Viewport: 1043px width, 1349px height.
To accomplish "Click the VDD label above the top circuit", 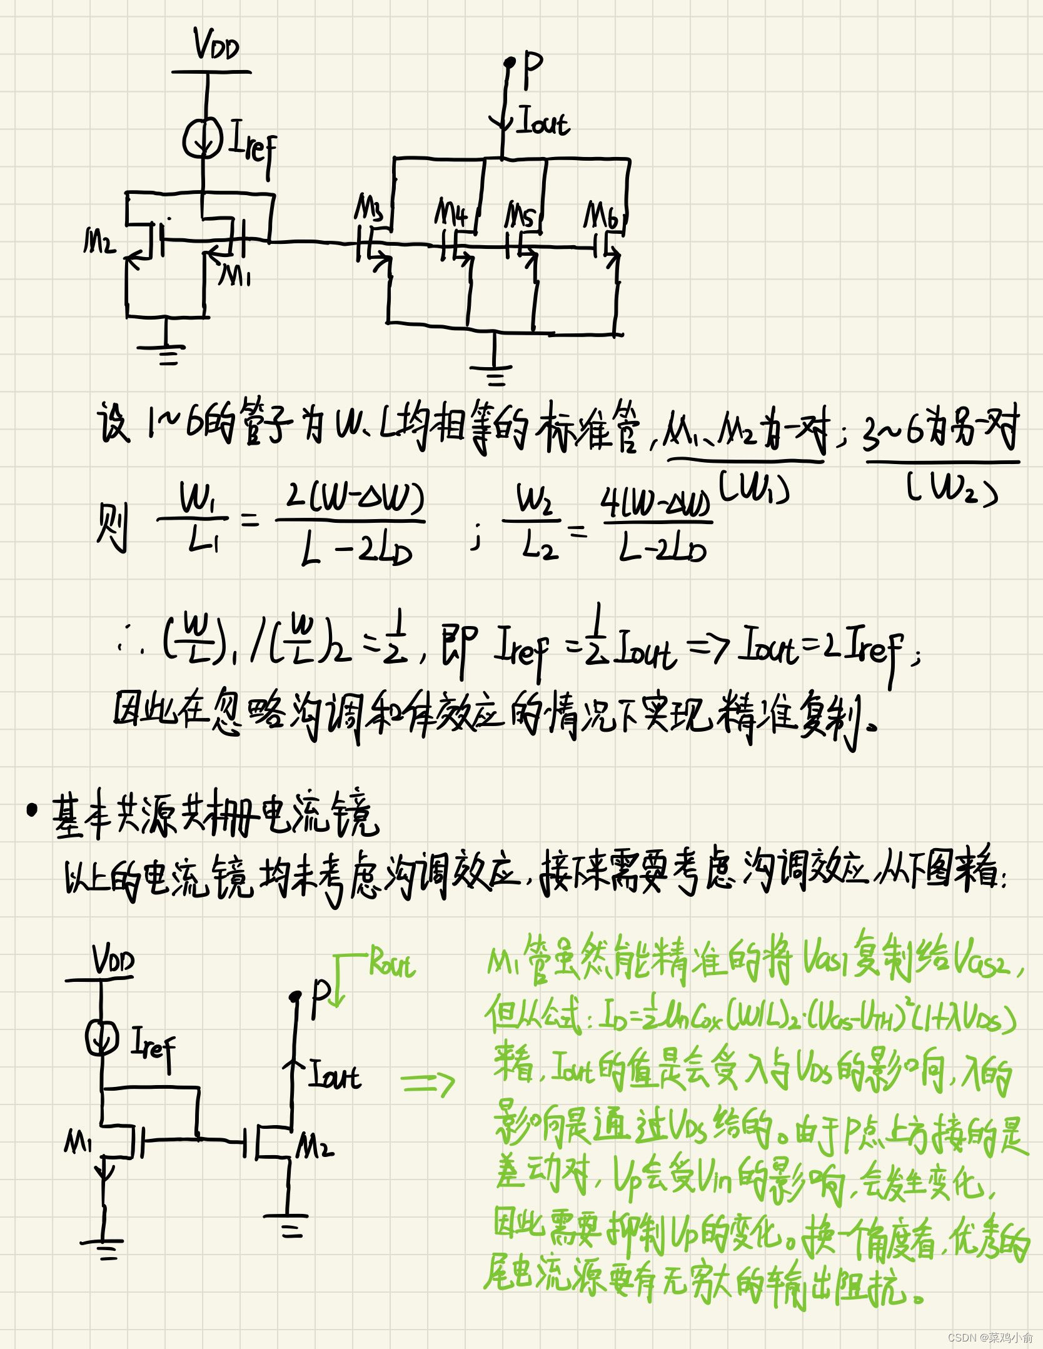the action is pos(216,45).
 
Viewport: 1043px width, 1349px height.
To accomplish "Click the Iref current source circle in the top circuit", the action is pos(202,139).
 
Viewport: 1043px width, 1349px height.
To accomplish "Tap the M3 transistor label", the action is pos(369,208).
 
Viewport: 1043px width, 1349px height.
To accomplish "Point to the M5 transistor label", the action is pos(520,215).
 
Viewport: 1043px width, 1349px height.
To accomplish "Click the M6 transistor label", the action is pos(602,215).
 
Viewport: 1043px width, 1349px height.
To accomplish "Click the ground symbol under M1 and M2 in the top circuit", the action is pos(167,353).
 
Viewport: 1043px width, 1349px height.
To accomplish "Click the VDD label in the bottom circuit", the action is pos(113,961).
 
